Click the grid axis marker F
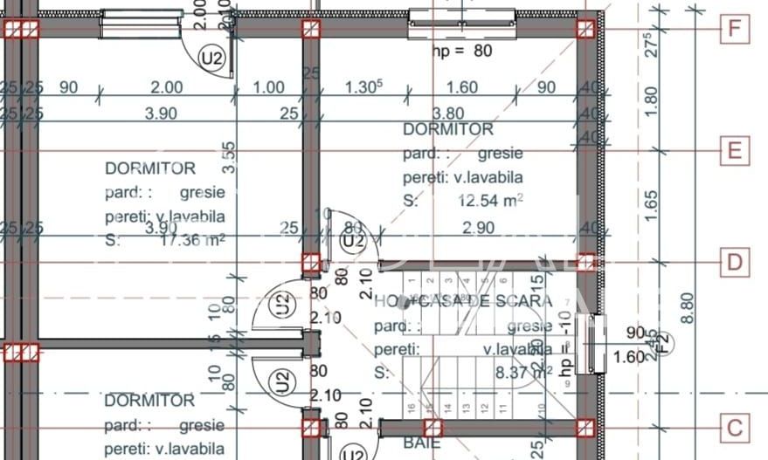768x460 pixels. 735,30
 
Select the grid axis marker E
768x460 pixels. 735,151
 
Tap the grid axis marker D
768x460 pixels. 735,262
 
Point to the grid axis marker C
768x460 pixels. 735,428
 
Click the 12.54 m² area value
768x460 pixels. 491,200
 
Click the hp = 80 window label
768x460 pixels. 462,51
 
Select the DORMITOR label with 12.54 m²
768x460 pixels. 447,129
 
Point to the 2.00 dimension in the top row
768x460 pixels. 166,87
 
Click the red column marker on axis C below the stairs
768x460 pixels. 432,428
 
